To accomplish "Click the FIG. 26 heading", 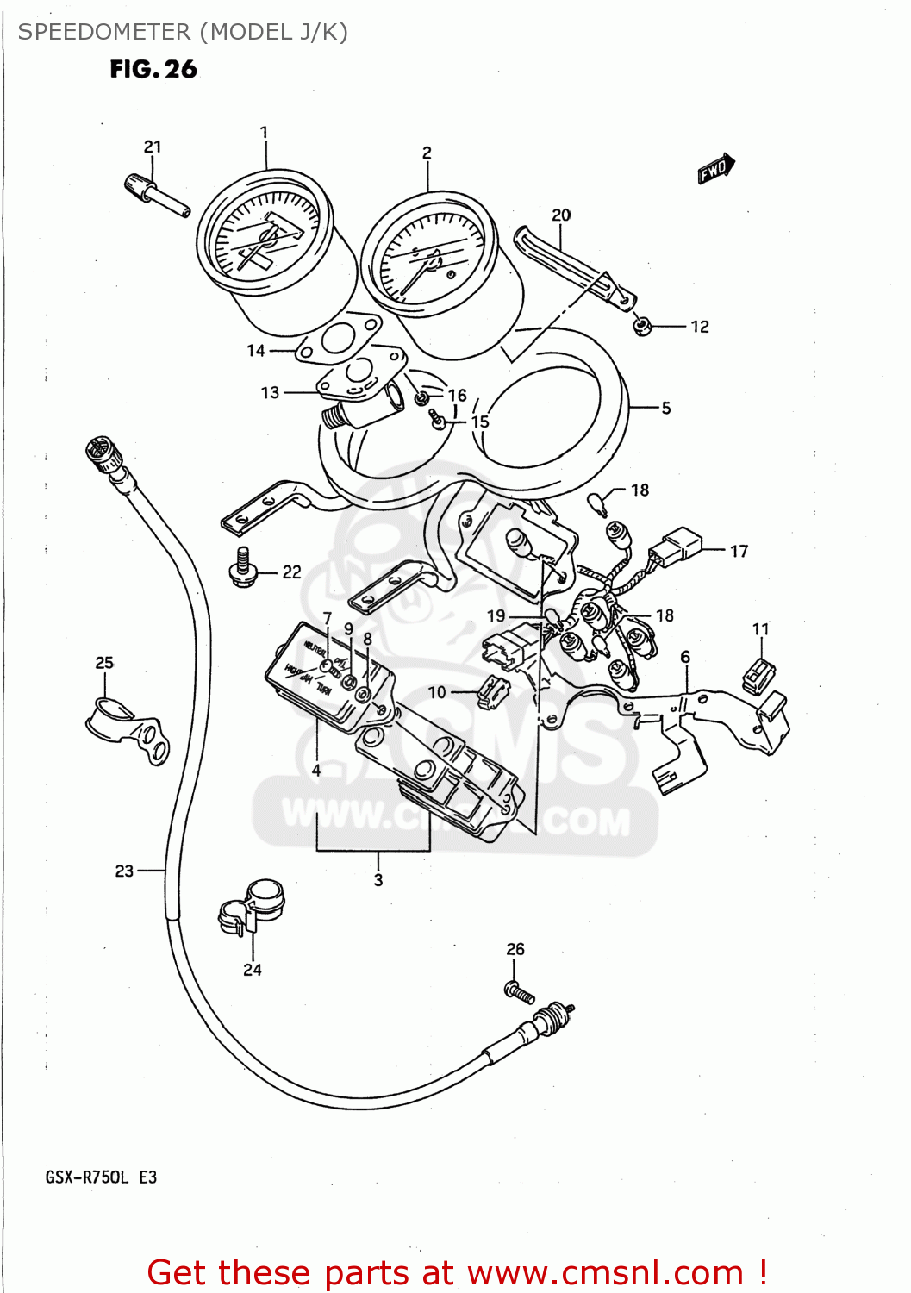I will (x=153, y=70).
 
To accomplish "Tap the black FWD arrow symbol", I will (x=715, y=169).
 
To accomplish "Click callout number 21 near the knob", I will (x=153, y=147).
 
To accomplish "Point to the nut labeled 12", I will (x=641, y=326).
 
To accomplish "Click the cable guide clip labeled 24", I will (x=252, y=908).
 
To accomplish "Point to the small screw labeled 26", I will (x=519, y=992).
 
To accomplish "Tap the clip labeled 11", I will (x=758, y=674).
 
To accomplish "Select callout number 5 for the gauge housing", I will (x=665, y=408).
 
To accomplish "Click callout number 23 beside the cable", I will (x=124, y=871).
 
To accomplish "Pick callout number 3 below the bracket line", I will (x=378, y=880).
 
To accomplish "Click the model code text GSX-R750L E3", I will (x=101, y=1177).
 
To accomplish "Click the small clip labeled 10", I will (x=492, y=691).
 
